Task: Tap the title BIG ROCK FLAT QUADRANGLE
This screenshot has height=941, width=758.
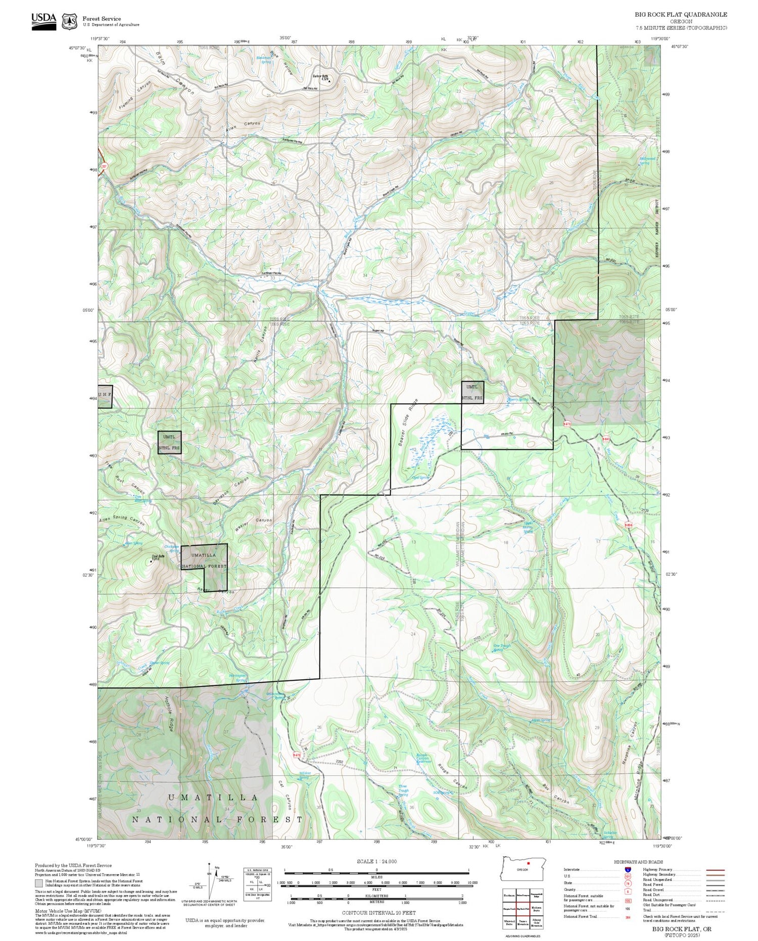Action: point(681,15)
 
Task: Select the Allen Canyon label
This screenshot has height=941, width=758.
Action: point(244,126)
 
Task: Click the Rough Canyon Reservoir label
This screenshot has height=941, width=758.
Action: point(423,758)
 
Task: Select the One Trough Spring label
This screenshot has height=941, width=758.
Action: point(502,647)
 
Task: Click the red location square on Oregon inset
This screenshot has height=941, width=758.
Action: point(528,863)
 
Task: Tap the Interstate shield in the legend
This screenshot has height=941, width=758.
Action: point(627,869)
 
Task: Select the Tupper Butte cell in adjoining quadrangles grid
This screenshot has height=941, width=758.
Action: point(523,922)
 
